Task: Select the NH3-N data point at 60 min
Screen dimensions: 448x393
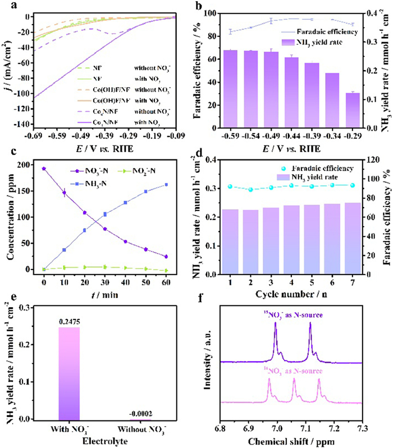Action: click(181, 185)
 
